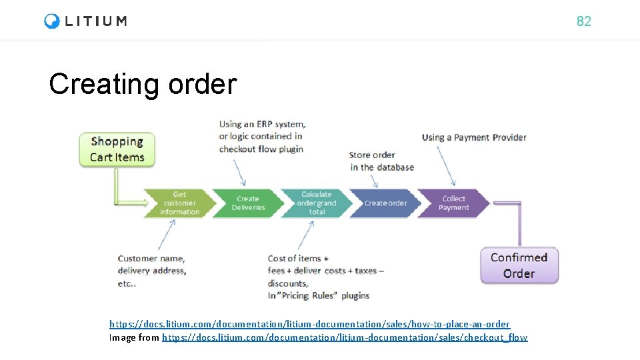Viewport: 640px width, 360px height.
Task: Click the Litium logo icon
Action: click(52, 21)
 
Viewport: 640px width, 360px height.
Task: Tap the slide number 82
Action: click(583, 21)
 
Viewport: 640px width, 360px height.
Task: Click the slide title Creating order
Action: click(143, 85)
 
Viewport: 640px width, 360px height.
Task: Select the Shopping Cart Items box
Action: click(117, 149)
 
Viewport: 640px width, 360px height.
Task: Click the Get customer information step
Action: click(179, 203)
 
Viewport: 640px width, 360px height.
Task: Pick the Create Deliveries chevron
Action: click(248, 203)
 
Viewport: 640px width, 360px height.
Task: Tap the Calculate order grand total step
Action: click(316, 203)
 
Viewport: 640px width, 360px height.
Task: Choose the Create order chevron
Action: click(385, 203)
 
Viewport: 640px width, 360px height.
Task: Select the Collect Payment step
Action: click(454, 203)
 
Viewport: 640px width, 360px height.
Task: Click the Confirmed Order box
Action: click(519, 265)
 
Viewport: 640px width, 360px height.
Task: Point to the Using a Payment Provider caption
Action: click(474, 137)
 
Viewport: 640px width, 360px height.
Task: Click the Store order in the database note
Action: click(381, 161)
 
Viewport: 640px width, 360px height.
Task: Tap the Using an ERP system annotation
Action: click(262, 137)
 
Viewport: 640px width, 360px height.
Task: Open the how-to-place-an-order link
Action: click(309, 324)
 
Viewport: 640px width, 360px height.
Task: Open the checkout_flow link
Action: click(344, 337)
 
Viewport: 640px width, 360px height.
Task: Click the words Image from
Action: click(134, 337)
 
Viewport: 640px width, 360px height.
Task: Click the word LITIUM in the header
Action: click(96, 21)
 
